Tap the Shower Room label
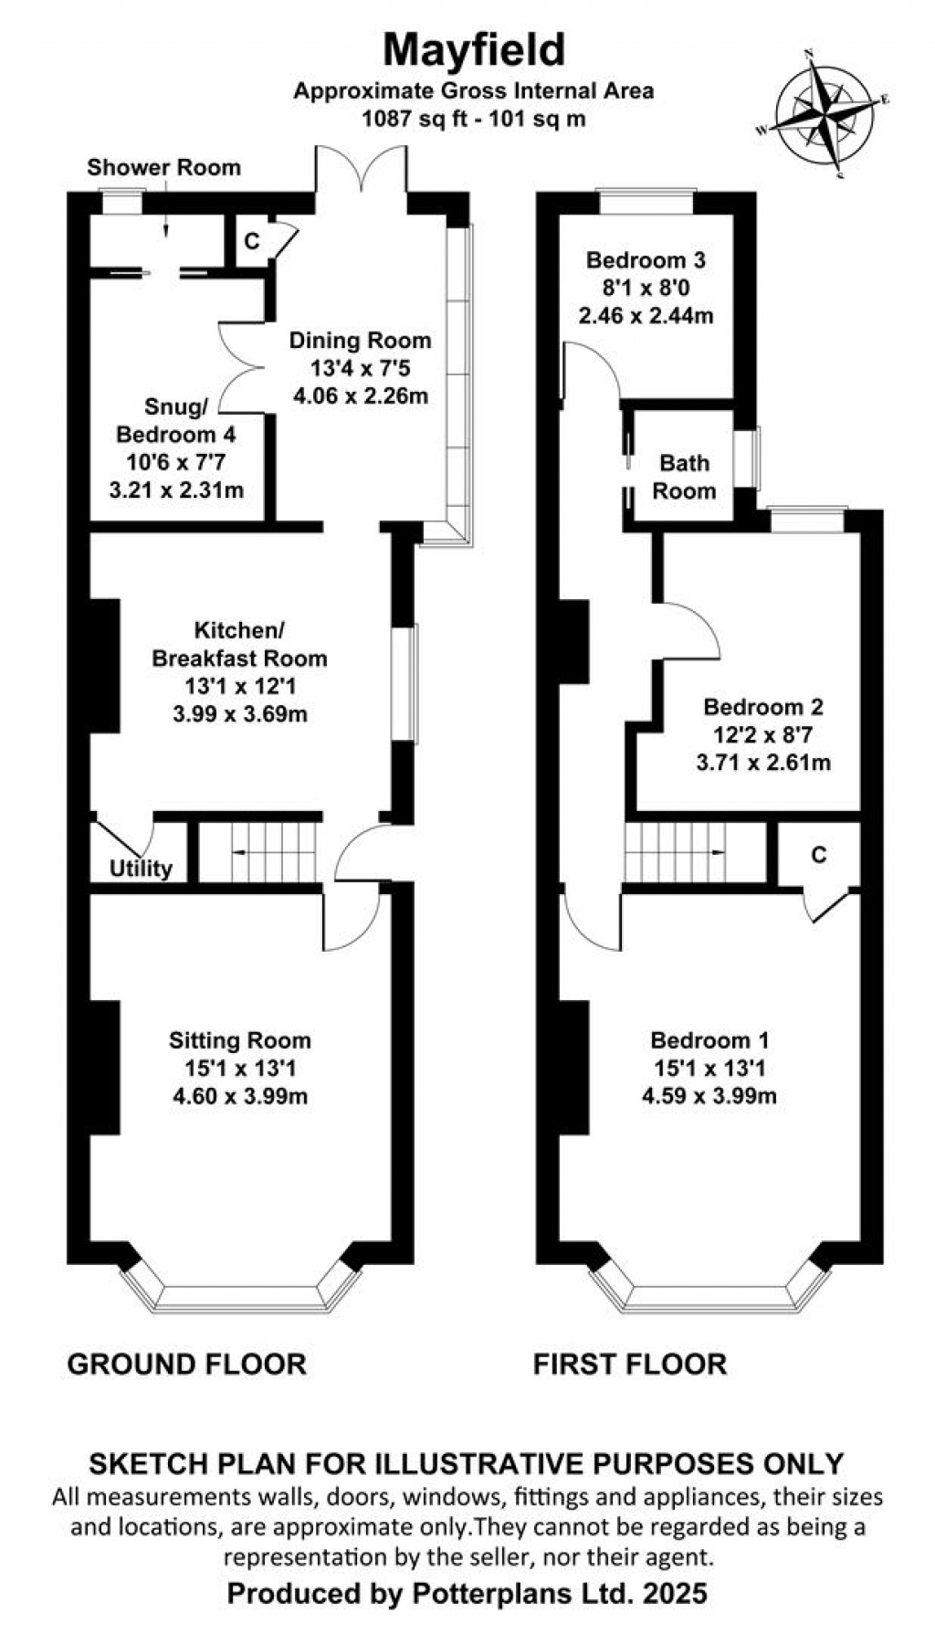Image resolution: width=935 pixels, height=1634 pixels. pyautogui.click(x=164, y=167)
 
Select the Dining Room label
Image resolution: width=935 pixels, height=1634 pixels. pyautogui.click(x=360, y=341)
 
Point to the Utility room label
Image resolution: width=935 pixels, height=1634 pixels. pyautogui.click(x=141, y=868)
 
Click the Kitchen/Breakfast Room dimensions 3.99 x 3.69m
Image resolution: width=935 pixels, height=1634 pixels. pyautogui.click(x=239, y=713)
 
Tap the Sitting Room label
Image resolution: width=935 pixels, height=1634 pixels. pyautogui.click(x=239, y=1039)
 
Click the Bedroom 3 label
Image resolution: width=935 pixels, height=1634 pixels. pyautogui.click(x=646, y=260)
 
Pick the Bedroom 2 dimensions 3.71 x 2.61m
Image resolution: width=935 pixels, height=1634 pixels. pyautogui.click(x=762, y=762)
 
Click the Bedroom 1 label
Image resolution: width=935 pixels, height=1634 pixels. pyautogui.click(x=709, y=1039)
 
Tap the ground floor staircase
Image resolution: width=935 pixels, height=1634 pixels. pyautogui.click(x=260, y=851)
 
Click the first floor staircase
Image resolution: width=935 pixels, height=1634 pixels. pyautogui.click(x=685, y=851)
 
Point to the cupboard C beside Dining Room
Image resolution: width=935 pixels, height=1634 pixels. pyautogui.click(x=252, y=241)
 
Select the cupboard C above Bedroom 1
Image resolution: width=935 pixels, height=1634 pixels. pyautogui.click(x=818, y=854)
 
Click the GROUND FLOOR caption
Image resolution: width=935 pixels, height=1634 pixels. pyautogui.click(x=187, y=1364)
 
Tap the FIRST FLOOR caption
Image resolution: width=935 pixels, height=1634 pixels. pyautogui.click(x=629, y=1364)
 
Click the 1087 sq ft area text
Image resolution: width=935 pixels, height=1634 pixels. pyautogui.click(x=473, y=117)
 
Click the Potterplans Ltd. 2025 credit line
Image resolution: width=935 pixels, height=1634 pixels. pyautogui.click(x=467, y=1594)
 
